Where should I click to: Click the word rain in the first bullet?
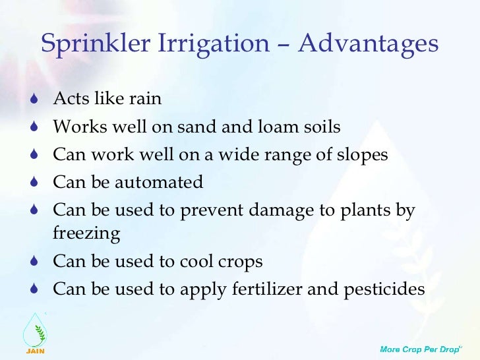pos(146,99)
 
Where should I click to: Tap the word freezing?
pos(86,234)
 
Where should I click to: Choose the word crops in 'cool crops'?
pos(238,262)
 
